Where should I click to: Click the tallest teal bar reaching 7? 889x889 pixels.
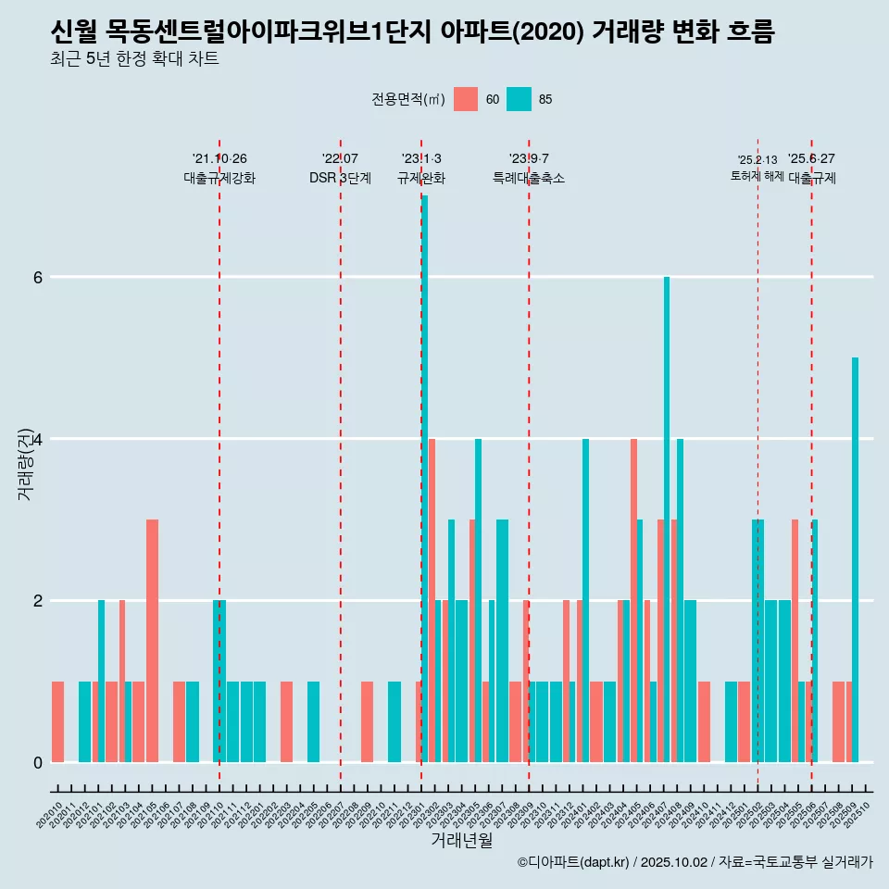(425, 478)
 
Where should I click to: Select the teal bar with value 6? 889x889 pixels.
(667, 519)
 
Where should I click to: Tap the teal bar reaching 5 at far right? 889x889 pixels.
(855, 559)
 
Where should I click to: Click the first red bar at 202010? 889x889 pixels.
(57, 721)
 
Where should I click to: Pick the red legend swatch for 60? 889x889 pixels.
(466, 99)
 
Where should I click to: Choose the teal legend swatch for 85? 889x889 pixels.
(520, 99)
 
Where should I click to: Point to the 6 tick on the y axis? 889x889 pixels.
(38, 277)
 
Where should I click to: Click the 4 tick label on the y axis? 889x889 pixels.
(38, 439)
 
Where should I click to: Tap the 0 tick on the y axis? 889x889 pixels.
(38, 762)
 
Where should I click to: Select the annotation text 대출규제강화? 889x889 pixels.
(219, 178)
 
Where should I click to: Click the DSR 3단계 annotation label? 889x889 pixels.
(341, 178)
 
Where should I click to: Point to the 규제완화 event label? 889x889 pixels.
(421, 178)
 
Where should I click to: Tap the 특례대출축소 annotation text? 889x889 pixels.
(529, 178)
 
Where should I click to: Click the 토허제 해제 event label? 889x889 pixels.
(758, 176)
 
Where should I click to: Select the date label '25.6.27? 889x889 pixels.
(811, 158)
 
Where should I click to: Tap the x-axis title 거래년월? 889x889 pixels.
(462, 840)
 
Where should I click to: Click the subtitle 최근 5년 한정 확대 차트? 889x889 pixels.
(135, 59)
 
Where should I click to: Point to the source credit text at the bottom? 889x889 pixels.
(695, 862)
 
